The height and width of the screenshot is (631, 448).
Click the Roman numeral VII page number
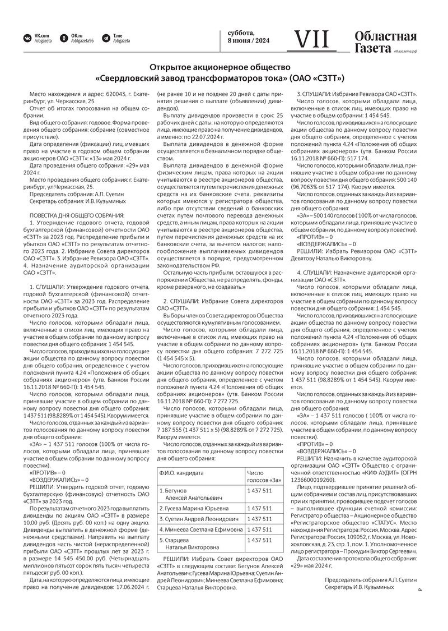(312, 39)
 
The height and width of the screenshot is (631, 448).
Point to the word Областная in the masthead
(385, 37)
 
